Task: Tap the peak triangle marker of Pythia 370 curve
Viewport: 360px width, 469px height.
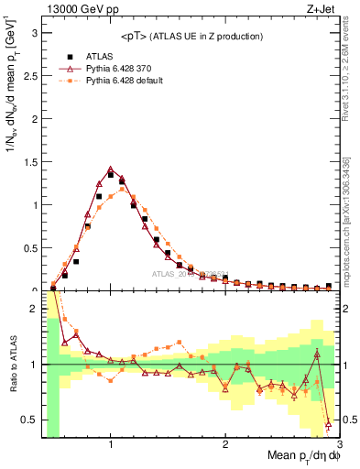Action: pos(111,169)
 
